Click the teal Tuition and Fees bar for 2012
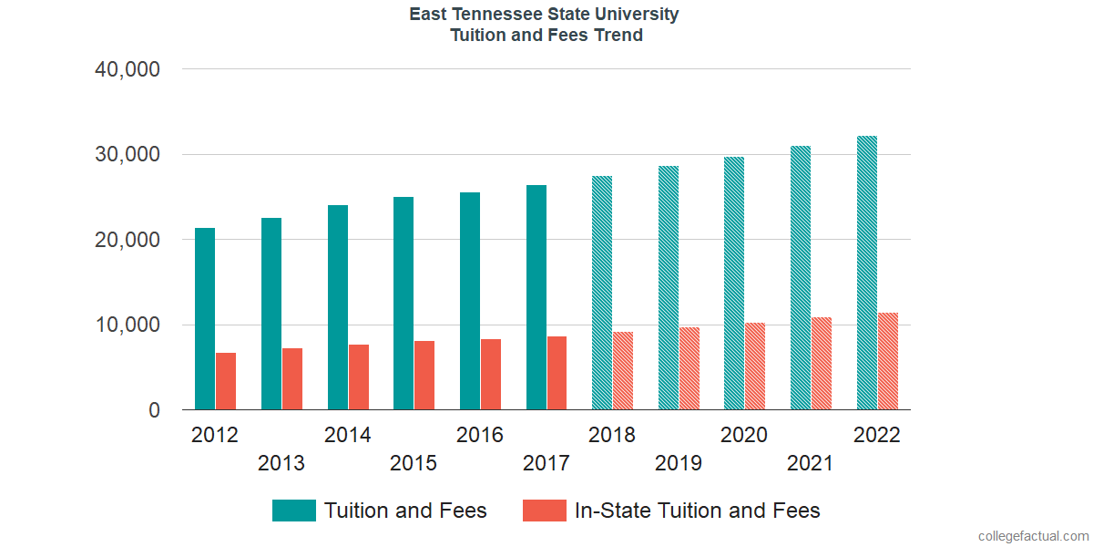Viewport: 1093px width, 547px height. [x=205, y=319]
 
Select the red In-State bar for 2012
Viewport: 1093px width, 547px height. [x=226, y=381]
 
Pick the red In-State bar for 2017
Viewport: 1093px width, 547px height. [x=557, y=373]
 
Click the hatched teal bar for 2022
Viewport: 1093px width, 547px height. [x=867, y=273]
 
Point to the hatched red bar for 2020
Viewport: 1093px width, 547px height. [x=755, y=366]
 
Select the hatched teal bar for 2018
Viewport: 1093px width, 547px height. [x=602, y=293]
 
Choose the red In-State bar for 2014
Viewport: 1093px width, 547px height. [x=358, y=377]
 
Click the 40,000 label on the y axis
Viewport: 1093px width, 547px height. [x=128, y=69]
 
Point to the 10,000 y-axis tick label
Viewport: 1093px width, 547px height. [x=128, y=325]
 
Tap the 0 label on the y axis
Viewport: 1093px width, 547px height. [x=154, y=411]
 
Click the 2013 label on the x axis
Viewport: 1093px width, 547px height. [x=281, y=463]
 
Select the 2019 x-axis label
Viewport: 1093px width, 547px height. [x=679, y=463]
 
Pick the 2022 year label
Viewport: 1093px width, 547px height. [x=876, y=435]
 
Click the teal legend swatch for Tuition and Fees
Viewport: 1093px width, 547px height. [x=293, y=511]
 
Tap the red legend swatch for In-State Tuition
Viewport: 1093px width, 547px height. [x=544, y=511]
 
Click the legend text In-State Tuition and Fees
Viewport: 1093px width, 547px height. [x=697, y=511]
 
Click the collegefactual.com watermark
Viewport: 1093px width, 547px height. [x=1033, y=536]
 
